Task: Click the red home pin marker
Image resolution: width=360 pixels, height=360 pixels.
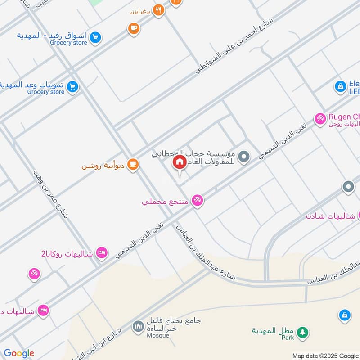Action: click(x=180, y=162)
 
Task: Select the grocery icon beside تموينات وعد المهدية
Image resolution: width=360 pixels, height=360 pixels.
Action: click(x=72, y=87)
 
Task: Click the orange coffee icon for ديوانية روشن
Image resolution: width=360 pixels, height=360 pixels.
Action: click(x=132, y=165)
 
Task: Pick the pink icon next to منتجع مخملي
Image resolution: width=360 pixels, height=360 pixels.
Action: click(x=197, y=200)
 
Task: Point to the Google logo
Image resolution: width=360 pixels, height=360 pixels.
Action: click(x=19, y=353)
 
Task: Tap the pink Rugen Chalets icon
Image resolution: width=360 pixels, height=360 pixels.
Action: click(x=320, y=118)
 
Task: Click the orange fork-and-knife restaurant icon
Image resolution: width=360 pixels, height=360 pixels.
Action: click(x=158, y=10)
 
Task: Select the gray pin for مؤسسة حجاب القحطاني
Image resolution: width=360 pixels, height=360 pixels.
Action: click(x=243, y=157)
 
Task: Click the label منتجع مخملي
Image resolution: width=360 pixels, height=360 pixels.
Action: click(x=164, y=201)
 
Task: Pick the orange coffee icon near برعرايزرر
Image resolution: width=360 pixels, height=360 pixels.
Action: click(x=133, y=28)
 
